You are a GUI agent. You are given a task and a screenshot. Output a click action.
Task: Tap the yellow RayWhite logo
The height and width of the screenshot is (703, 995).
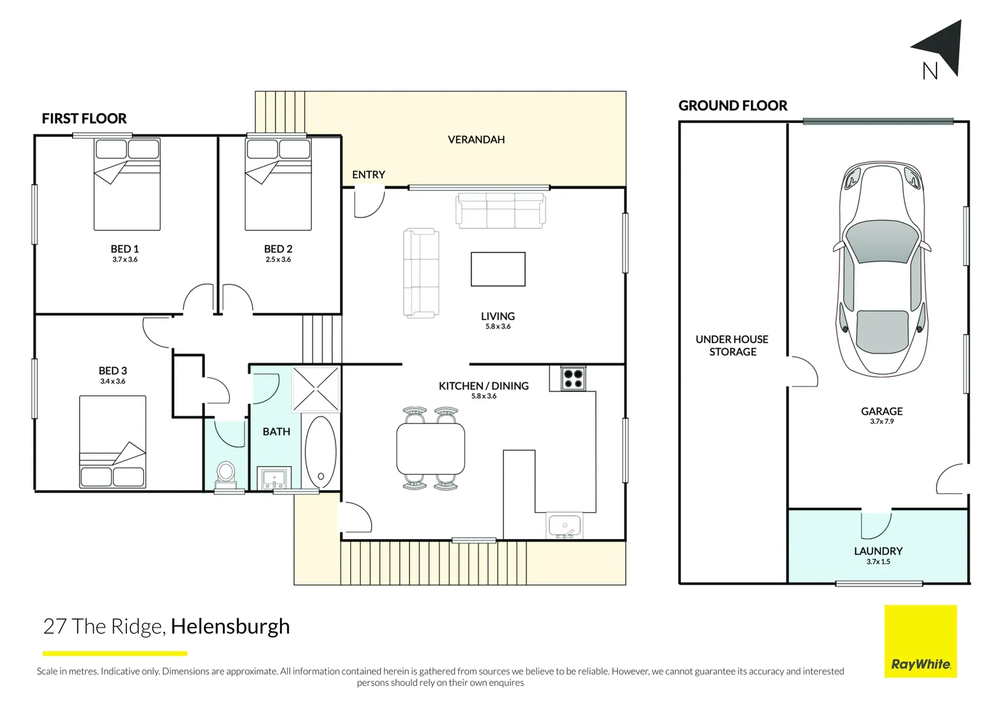click(920, 641)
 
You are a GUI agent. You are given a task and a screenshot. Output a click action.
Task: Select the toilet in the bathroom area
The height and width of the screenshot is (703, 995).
click(226, 473)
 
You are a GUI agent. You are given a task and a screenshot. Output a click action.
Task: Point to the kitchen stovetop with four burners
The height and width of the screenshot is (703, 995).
click(573, 379)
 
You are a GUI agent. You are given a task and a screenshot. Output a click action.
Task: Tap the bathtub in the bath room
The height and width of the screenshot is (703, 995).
click(320, 451)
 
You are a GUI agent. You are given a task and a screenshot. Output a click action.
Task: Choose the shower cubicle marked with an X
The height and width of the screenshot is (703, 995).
click(316, 389)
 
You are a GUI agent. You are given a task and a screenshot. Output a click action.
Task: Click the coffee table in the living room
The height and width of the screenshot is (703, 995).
click(497, 269)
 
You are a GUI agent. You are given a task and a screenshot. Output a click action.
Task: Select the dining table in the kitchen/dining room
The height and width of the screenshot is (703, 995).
click(430, 448)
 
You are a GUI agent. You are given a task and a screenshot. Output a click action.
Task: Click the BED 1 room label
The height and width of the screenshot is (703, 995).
click(124, 249)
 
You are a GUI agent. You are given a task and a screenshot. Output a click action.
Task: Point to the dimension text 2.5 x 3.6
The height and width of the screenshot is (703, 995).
click(278, 260)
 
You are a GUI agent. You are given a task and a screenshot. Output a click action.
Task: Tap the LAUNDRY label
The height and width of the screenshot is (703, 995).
click(878, 551)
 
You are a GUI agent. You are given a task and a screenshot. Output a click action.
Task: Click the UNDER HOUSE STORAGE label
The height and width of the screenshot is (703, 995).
click(732, 346)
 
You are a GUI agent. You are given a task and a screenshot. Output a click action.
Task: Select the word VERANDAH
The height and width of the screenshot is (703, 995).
click(476, 139)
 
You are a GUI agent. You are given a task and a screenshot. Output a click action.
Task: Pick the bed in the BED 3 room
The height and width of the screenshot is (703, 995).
click(113, 442)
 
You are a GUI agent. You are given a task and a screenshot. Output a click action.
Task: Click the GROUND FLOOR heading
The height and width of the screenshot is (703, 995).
click(733, 105)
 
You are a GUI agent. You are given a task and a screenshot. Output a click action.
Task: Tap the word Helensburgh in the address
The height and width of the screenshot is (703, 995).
click(230, 626)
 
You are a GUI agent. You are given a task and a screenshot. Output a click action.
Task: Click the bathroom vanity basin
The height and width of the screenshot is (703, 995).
click(274, 478)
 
